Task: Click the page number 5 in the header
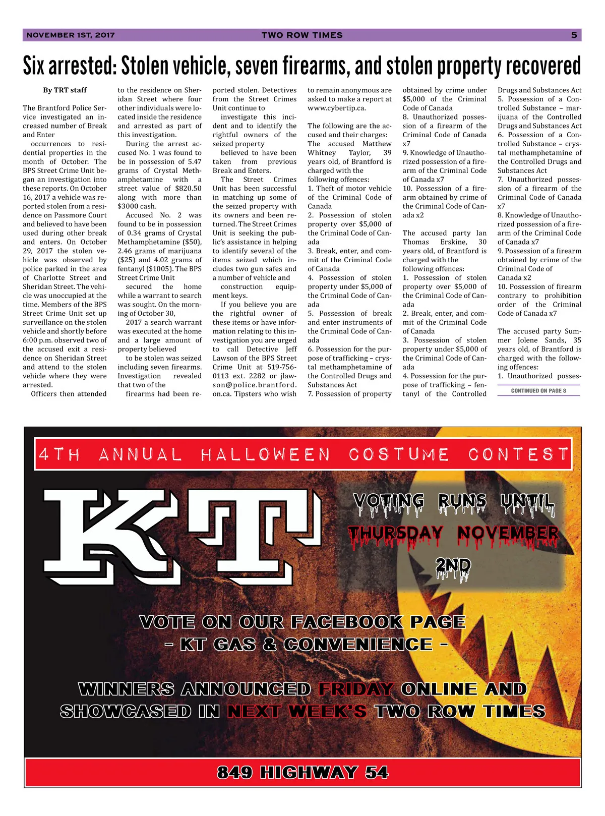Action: point(574,35)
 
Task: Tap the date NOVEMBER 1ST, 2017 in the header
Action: point(71,35)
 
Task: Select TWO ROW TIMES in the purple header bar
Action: point(302,35)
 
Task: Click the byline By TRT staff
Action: point(65,90)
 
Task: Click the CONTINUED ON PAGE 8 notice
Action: point(538,391)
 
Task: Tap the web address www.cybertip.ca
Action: point(337,108)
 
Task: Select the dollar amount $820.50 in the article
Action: point(188,189)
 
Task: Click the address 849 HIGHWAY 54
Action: point(302,773)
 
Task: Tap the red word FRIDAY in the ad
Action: point(356,689)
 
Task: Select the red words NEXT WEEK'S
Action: point(297,712)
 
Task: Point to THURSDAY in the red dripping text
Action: point(396,534)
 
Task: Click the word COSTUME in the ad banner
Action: point(399,455)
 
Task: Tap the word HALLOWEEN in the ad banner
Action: point(265,455)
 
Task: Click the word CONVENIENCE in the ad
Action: point(358,645)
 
